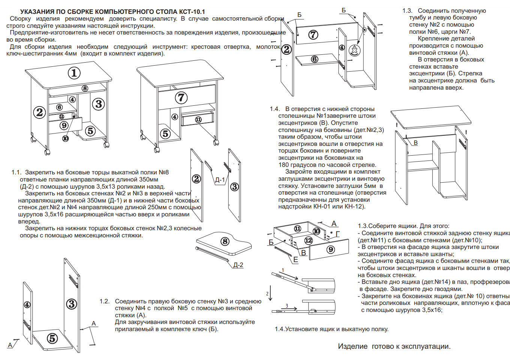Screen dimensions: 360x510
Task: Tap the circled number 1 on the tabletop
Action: [74, 73]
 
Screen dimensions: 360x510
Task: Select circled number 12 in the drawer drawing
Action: [309, 240]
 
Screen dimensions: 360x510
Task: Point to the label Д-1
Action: [220, 180]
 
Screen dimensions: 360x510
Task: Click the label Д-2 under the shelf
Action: [238, 265]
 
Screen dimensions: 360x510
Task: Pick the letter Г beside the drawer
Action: [337, 234]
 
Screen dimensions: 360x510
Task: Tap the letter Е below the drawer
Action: [295, 259]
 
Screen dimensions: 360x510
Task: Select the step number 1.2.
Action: [105, 301]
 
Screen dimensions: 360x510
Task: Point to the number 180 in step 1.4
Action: [284, 165]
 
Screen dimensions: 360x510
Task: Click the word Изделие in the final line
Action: [352, 346]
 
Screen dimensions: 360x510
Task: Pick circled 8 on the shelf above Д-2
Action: [225, 241]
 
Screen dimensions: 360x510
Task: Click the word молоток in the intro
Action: [268, 47]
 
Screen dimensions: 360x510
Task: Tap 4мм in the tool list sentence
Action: [70, 54]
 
